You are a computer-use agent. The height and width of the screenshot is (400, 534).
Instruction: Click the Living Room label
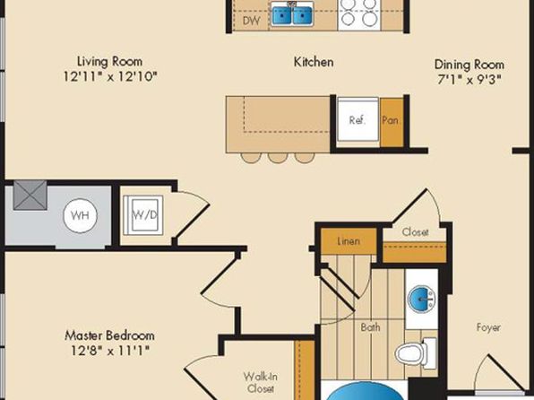(x=109, y=62)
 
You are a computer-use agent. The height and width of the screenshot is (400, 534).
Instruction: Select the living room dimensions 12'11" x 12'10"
(x=110, y=76)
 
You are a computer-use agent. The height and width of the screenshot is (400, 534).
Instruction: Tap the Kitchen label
(x=314, y=62)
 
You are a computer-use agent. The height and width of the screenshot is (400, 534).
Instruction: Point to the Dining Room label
(x=469, y=65)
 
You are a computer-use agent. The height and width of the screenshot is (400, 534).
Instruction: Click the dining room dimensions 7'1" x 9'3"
(x=469, y=80)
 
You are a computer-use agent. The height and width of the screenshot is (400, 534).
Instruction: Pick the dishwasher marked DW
(x=252, y=22)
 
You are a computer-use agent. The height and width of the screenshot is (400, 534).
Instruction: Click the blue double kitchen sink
(x=292, y=13)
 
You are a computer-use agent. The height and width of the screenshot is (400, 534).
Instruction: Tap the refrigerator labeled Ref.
(x=357, y=119)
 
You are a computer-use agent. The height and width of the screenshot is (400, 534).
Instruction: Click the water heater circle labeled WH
(x=80, y=215)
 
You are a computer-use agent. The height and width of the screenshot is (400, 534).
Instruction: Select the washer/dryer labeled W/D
(x=143, y=215)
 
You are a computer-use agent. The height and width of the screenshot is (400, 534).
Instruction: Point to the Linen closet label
(x=349, y=241)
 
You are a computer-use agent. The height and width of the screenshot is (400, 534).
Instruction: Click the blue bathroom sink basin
(x=421, y=299)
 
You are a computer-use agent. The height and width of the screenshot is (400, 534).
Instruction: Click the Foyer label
(x=488, y=327)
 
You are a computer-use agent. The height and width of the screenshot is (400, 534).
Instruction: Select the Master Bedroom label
(x=109, y=335)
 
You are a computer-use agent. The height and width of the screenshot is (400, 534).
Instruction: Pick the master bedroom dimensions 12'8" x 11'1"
(x=110, y=350)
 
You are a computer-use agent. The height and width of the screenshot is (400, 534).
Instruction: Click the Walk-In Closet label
(x=261, y=383)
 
